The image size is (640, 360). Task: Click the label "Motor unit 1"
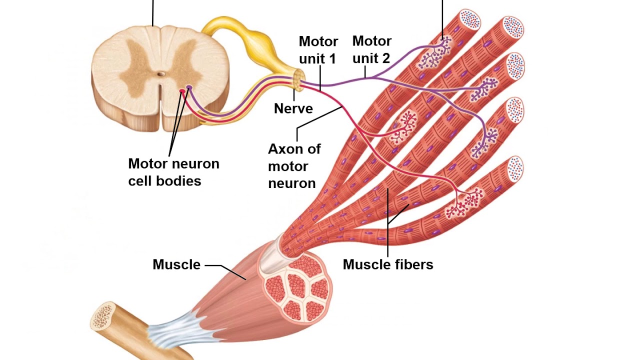coord(318,49)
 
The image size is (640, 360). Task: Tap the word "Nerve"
coord(293,108)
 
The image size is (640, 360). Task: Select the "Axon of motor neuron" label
coord(294,166)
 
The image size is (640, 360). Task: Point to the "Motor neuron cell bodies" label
coord(173,171)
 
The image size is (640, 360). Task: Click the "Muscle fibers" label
coord(387,264)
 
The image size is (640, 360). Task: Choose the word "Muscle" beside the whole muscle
coord(176,264)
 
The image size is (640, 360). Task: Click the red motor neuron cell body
coord(182,91)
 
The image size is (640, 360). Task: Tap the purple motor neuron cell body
coord(189,88)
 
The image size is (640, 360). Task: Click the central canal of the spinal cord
coord(160,74)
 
